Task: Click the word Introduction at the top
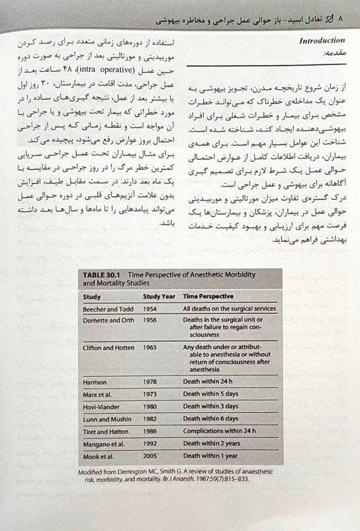coord(321,41)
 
